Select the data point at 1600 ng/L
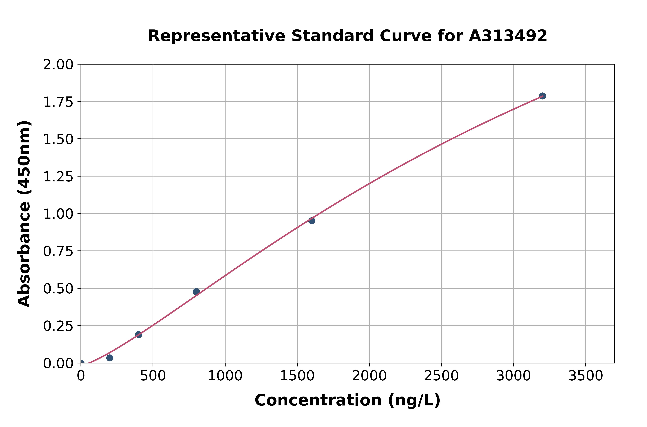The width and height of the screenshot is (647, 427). pyautogui.click(x=312, y=221)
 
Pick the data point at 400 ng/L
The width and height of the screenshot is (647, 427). pyautogui.click(x=139, y=334)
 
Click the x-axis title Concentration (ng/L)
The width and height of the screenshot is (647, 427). pyautogui.click(x=348, y=400)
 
